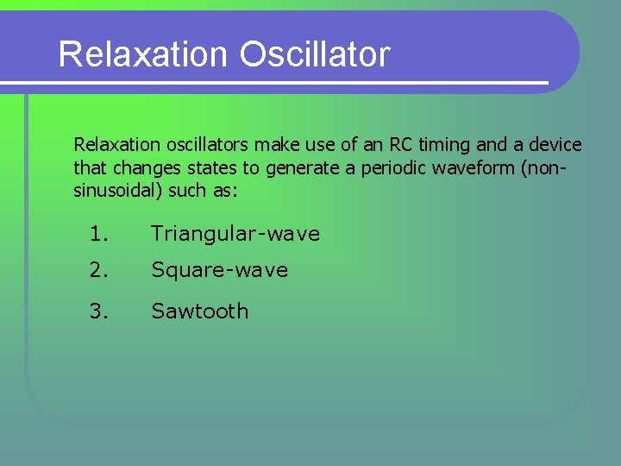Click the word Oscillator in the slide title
coord(315,54)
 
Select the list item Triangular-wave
coord(235,234)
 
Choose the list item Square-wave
coord(219,270)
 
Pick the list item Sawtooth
coord(199,311)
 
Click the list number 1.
coord(99,234)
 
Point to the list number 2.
coord(99,270)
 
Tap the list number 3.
coord(99,311)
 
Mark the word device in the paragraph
coord(555,145)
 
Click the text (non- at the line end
coord(543,168)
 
